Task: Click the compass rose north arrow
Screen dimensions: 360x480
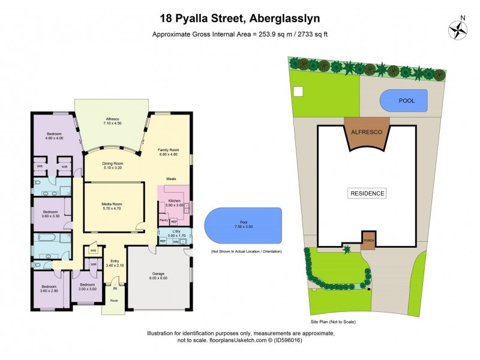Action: [x=458, y=29]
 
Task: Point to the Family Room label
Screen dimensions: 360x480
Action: [x=168, y=152]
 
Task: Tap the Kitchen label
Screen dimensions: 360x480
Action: [x=174, y=202]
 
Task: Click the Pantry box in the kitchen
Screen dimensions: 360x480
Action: [x=163, y=220]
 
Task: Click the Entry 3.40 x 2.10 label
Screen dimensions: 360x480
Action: [x=114, y=263]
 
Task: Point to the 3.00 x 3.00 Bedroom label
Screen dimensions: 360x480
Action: [x=87, y=287]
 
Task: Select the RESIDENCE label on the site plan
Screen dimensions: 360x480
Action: [x=367, y=193]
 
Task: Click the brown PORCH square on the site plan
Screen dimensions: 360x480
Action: [x=368, y=239]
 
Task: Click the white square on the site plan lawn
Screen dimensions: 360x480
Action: [x=299, y=92]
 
